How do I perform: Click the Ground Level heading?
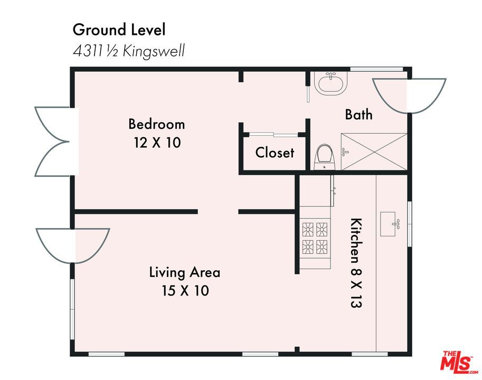pyautogui.click(x=119, y=30)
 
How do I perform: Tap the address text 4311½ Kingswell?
pyautogui.click(x=129, y=51)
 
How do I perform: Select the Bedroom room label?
pyautogui.click(x=156, y=124)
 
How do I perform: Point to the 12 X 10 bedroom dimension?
pyautogui.click(x=157, y=142)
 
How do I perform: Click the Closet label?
pyautogui.click(x=275, y=153)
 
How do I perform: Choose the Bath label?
pyautogui.click(x=358, y=115)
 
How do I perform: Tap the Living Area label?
pyautogui.click(x=184, y=272)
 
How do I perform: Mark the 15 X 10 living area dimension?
pyautogui.click(x=185, y=291)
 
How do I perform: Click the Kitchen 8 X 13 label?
pyautogui.click(x=356, y=263)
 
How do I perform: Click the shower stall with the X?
pyautogui.click(x=374, y=151)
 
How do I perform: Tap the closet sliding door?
pyautogui.click(x=273, y=134)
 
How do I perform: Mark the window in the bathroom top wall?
pyautogui.click(x=376, y=69)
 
